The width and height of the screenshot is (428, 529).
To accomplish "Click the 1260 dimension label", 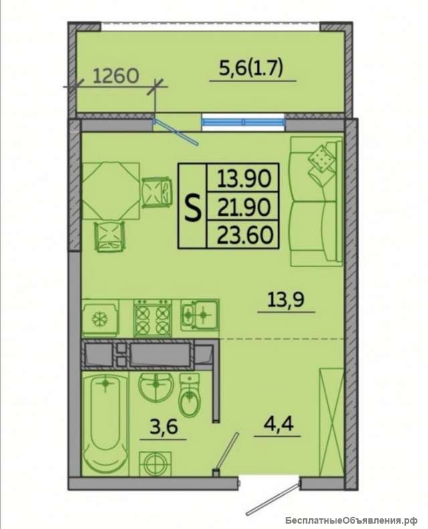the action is [116, 75].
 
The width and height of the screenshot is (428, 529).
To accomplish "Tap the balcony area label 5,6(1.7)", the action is [251, 69].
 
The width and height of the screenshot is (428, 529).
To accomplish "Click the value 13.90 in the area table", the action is [244, 178].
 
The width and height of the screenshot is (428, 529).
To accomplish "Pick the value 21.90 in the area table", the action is [244, 207].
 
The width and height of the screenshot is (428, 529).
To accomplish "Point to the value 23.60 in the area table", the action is [245, 235].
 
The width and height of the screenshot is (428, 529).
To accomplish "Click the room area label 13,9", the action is [286, 299].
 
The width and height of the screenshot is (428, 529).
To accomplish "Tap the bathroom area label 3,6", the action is [163, 427].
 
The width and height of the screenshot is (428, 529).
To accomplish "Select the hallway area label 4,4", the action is [278, 423].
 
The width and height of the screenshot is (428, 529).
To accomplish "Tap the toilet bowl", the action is [190, 394].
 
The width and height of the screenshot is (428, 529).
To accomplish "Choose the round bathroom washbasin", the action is [156, 387].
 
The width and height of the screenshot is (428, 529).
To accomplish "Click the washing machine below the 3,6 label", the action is [155, 463].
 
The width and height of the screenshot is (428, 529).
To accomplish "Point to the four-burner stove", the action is [152, 318].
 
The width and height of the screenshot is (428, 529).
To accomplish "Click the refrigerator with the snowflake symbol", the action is [100, 318].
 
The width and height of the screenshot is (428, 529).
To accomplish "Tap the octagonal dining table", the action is [111, 191].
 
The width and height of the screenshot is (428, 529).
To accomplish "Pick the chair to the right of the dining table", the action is [156, 192].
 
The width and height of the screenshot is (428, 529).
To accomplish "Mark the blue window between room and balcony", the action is [243, 122].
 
